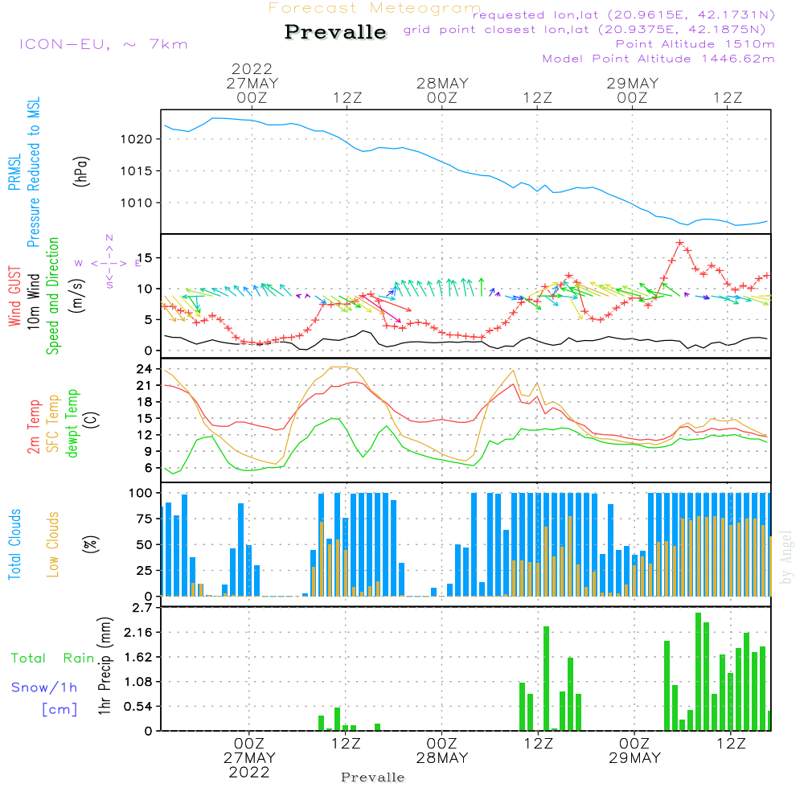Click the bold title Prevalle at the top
coord(335,32)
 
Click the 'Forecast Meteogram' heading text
coord(375,9)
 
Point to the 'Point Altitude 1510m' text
coord(695,44)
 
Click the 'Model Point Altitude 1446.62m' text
coord(658,59)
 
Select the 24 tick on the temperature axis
coord(143,370)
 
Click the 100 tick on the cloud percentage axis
coord(140,493)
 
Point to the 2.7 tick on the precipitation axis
coord(142,608)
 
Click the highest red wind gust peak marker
coord(679,242)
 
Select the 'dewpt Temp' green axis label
coord(73,424)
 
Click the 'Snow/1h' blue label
coord(44,687)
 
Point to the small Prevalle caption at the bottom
coord(373,777)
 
